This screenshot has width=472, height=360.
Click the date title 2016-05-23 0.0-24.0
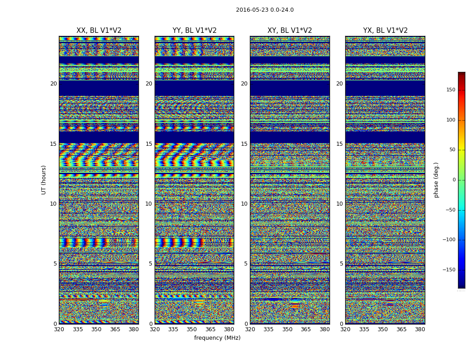pyautogui.click(x=265, y=10)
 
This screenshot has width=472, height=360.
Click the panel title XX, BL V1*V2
pyautogui.click(x=99, y=31)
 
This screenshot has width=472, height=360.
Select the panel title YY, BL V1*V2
pyautogui.click(x=195, y=31)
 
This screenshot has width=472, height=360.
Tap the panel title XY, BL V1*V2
pyautogui.click(x=290, y=31)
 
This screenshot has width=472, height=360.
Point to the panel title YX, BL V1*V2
pyautogui.click(x=385, y=31)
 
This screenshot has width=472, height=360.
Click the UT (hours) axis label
pyautogui.click(x=44, y=180)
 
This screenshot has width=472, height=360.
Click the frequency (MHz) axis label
pyautogui.click(x=217, y=338)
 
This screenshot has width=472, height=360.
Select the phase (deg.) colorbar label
pyautogui.click(x=436, y=180)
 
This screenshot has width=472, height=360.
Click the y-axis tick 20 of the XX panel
pyautogui.click(x=53, y=84)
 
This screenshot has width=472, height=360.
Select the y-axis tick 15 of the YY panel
pyautogui.click(x=149, y=144)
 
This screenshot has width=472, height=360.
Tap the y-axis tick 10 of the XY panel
pyautogui.click(x=244, y=204)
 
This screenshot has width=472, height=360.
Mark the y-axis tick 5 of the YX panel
pyautogui.click(x=341, y=264)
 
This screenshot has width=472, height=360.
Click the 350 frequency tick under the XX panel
pyautogui.click(x=97, y=329)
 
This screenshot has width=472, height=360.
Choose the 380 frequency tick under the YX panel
pyautogui.click(x=420, y=329)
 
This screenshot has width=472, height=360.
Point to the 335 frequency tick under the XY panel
pyautogui.click(x=268, y=329)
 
